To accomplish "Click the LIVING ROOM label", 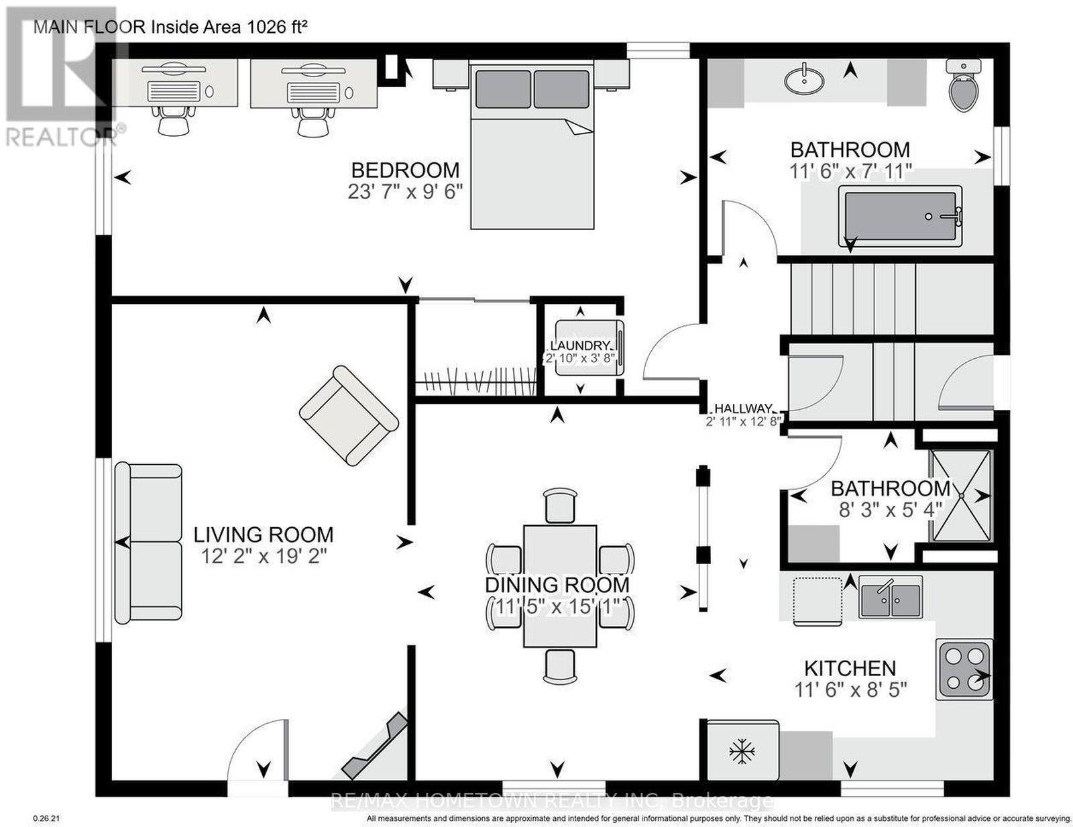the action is [x=263, y=535].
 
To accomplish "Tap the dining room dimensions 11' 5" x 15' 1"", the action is [x=557, y=607].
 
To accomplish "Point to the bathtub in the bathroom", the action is [x=900, y=216].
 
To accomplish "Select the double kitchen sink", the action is [x=891, y=597].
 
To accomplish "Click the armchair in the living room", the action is [x=349, y=415].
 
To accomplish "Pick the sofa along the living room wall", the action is [x=148, y=542].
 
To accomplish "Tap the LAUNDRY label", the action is [x=581, y=345].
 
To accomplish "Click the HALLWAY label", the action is [x=743, y=408].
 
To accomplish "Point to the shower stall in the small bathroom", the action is [x=960, y=495].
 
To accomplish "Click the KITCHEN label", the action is [x=850, y=668].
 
